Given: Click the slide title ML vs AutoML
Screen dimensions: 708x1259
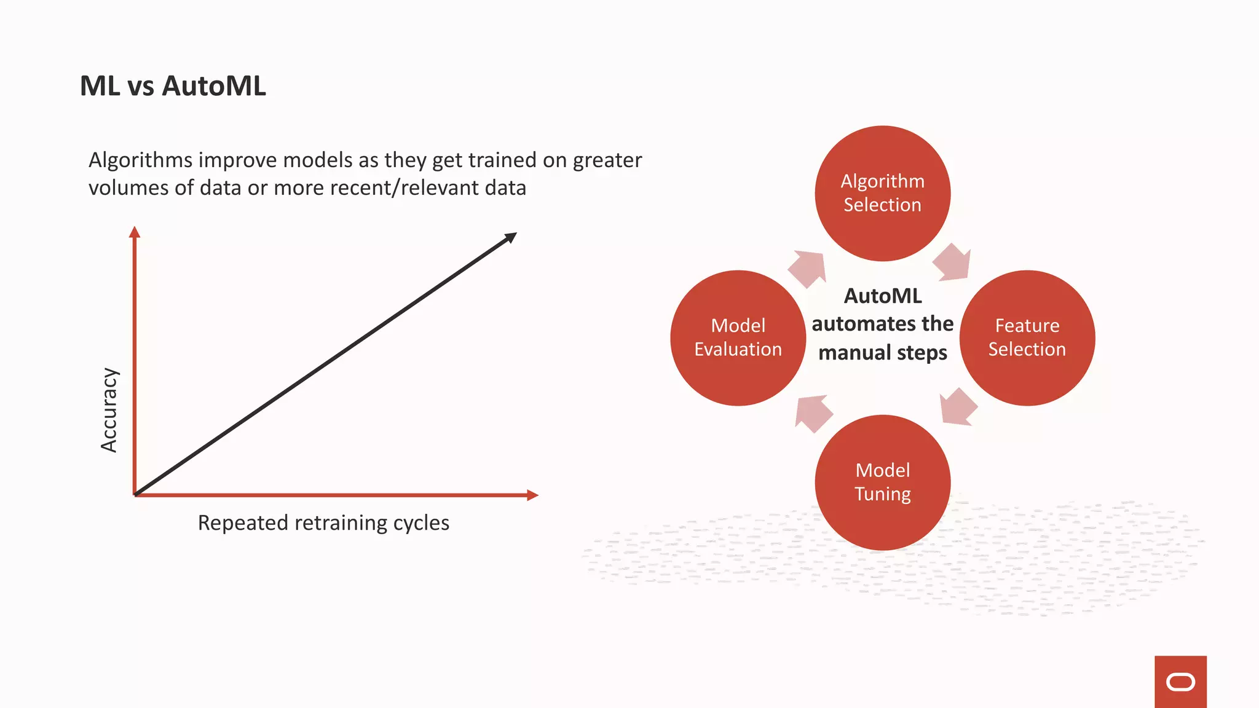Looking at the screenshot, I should tap(173, 86).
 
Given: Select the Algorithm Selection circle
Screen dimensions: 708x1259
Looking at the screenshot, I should tap(882, 193).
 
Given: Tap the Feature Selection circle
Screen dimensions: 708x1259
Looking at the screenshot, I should tap(1027, 337).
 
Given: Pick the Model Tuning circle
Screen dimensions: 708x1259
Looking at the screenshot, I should tap(882, 482).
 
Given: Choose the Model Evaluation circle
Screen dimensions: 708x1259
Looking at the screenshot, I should tap(738, 337).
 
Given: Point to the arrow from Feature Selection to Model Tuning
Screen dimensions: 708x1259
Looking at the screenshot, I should tap(957, 407).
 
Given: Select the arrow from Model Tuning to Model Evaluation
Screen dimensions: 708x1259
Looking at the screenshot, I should tap(813, 413).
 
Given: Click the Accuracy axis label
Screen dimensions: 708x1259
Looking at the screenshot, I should tap(109, 410).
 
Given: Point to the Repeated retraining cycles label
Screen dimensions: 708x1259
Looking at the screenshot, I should tap(323, 523).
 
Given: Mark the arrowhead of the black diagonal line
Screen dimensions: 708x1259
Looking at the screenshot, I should tap(511, 237).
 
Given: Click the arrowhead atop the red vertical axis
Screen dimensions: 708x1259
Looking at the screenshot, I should tap(135, 232).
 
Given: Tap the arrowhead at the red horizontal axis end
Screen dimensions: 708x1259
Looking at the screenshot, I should tap(533, 495).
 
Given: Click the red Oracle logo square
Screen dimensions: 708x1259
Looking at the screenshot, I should tap(1180, 682).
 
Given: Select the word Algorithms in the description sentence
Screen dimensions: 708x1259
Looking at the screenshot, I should tap(141, 160).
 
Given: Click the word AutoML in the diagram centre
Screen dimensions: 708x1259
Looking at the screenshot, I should tap(883, 296).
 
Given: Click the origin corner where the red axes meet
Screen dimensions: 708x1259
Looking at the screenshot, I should tap(135, 495).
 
